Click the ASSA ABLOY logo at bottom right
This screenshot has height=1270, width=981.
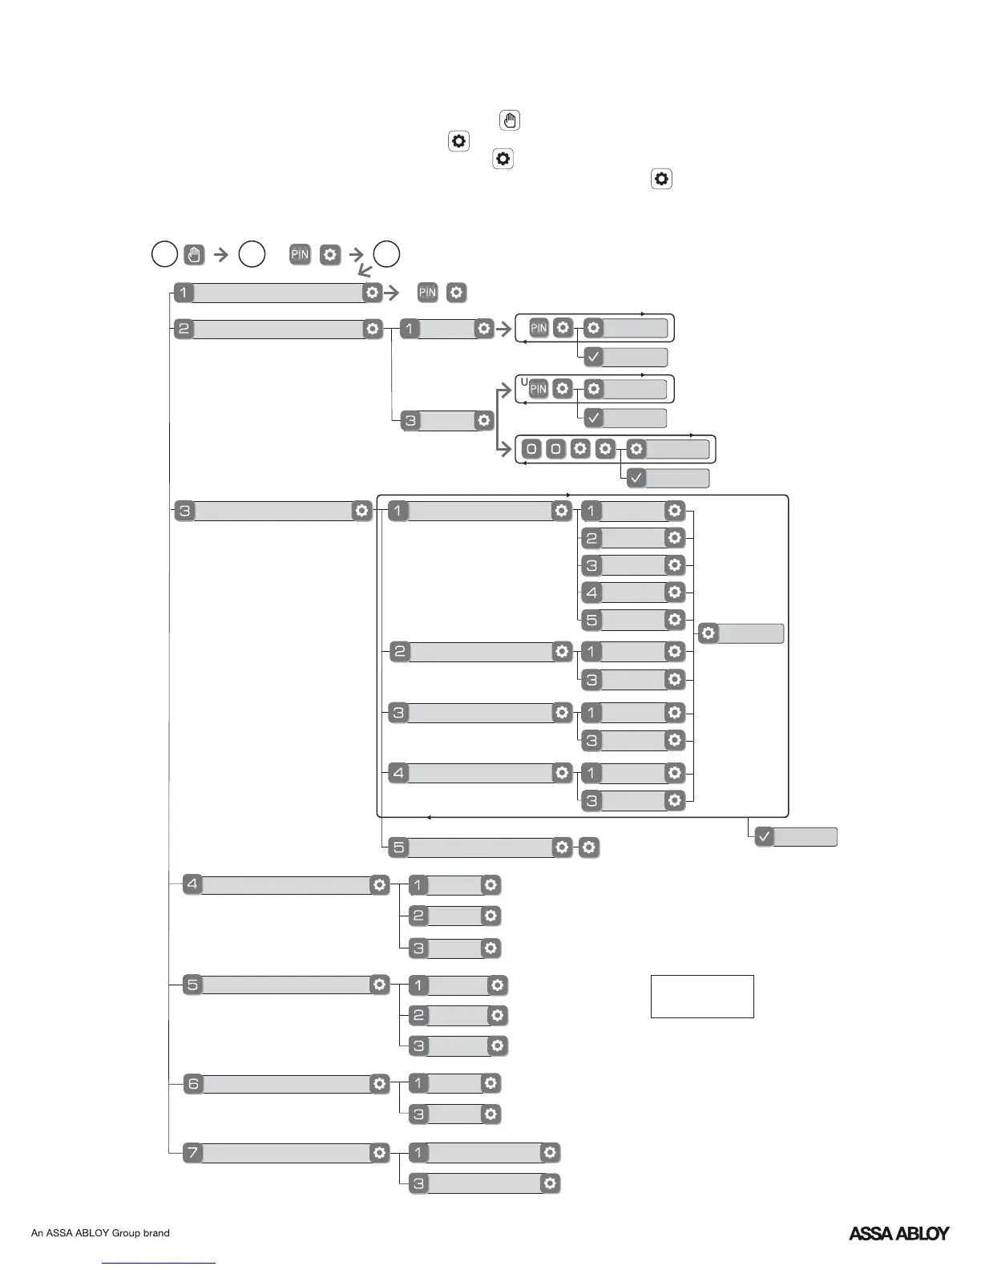click(x=898, y=1233)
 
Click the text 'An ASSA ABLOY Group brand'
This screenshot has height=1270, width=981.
click(x=100, y=1233)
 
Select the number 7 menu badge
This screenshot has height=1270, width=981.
click(x=192, y=1153)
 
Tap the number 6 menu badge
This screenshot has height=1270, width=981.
click(x=192, y=1084)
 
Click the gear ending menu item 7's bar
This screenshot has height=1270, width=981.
click(x=379, y=1153)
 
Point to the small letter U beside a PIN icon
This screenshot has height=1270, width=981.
click(x=524, y=382)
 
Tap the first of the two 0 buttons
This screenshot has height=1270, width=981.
click(x=531, y=449)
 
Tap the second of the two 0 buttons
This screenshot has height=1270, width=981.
click(x=555, y=449)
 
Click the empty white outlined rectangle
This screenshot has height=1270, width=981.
click(x=702, y=997)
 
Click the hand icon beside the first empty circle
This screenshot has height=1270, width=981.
click(x=194, y=255)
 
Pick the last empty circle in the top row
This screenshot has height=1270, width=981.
click(x=387, y=254)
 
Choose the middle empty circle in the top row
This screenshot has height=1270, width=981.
click(x=252, y=254)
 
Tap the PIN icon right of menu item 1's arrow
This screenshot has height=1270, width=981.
click(x=427, y=293)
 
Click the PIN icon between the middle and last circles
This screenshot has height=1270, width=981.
click(x=300, y=255)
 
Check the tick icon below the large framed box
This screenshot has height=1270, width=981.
click(x=765, y=837)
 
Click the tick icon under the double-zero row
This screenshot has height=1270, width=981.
click(x=636, y=479)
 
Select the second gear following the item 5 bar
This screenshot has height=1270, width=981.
click(x=588, y=847)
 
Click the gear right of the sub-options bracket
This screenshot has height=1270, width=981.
click(x=708, y=633)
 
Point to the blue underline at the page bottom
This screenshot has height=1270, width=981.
click(x=159, y=1264)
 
